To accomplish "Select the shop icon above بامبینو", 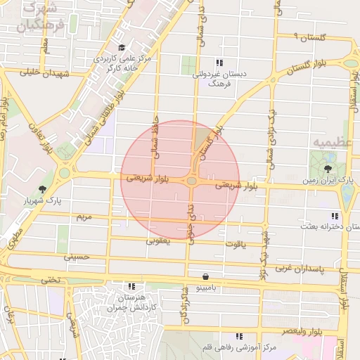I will click(205, 276).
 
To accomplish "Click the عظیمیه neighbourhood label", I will click(330, 143).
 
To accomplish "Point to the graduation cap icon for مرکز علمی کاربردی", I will click(122, 47).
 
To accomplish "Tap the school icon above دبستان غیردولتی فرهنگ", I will click(219, 62).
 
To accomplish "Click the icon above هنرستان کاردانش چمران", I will click(131, 286).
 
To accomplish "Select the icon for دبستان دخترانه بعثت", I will click(334, 215).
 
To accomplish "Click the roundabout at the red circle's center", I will click(192, 181).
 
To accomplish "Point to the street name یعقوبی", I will click(158, 240).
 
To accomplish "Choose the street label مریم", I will click(84, 217).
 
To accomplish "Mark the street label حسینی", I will click(77, 257).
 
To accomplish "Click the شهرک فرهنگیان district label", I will click(41, 17).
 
